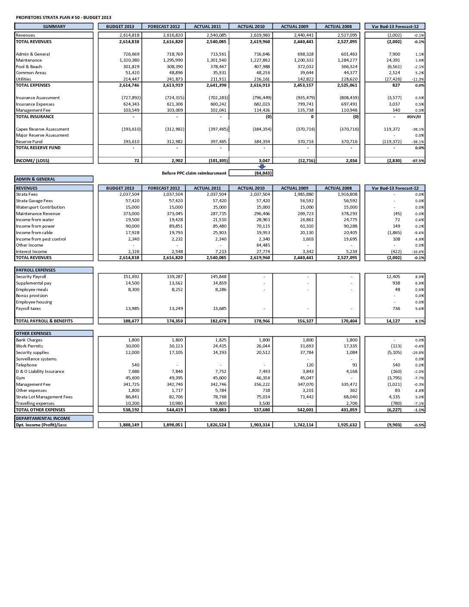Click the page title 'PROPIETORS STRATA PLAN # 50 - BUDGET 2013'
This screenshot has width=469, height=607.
63,18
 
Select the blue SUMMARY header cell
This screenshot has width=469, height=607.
54,27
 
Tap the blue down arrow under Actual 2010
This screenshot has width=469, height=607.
262,167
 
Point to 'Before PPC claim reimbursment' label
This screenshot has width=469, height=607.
194,173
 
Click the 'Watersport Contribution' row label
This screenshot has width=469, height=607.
40,207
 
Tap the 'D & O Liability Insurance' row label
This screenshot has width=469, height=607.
40,372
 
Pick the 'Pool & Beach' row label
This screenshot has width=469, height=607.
29,67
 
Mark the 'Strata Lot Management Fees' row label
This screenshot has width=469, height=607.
44,397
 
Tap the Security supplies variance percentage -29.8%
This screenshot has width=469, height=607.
418,353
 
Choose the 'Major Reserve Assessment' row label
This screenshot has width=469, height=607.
42,135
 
